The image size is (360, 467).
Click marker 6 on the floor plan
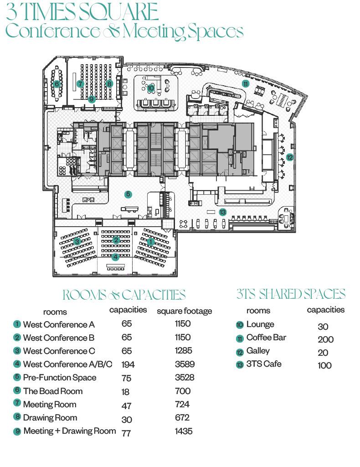(x=57, y=84)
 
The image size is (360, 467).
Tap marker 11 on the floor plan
(x=246, y=84)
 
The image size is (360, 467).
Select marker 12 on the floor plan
(x=289, y=157)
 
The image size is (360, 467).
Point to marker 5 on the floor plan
(x=128, y=194)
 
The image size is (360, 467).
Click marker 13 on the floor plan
(x=222, y=212)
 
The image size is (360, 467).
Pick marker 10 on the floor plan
(x=151, y=88)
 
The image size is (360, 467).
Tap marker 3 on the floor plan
(x=77, y=241)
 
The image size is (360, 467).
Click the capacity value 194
(x=128, y=364)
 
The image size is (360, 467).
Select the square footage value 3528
(x=185, y=377)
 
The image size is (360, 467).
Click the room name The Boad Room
(x=53, y=391)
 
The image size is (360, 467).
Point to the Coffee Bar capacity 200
(x=325, y=339)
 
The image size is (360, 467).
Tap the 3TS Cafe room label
(x=264, y=364)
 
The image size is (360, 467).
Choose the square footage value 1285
(x=184, y=351)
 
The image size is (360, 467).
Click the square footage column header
(x=185, y=311)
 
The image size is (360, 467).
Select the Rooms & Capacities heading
(x=124, y=295)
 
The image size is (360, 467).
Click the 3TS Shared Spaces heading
(x=291, y=294)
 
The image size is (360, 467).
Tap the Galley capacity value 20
(x=323, y=353)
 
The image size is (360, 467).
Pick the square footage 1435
(x=184, y=431)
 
